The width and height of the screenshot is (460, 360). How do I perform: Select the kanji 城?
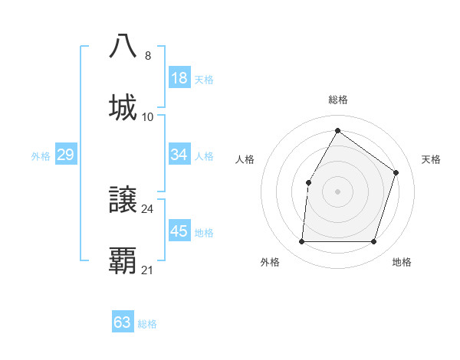coord(123,107)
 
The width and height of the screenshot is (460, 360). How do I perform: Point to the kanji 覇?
coord(123,261)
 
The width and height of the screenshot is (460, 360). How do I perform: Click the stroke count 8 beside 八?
coord(148,56)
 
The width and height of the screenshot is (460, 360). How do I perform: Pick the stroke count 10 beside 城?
coord(148,117)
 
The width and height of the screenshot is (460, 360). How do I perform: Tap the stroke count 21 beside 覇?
coord(148,270)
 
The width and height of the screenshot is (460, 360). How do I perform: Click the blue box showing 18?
coord(179,77)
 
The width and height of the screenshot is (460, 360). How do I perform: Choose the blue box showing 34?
coord(179,155)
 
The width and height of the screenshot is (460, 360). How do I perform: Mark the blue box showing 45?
coord(179,231)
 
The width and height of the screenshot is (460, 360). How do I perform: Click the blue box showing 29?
coord(65,155)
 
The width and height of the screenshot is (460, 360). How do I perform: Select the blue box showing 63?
coord(123,322)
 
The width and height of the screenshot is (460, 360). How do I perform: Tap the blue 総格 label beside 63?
coord(147,324)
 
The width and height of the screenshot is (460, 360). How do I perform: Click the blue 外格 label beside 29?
coord(41,156)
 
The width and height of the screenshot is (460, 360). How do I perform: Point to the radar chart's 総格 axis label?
coord(337,100)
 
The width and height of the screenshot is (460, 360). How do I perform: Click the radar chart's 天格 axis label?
coord(432,159)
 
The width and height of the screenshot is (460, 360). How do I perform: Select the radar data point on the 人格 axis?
coord(308,182)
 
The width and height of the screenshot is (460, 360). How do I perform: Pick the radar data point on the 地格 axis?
coord(373,242)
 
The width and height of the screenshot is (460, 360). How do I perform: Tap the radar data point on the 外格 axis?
coord(301,242)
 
